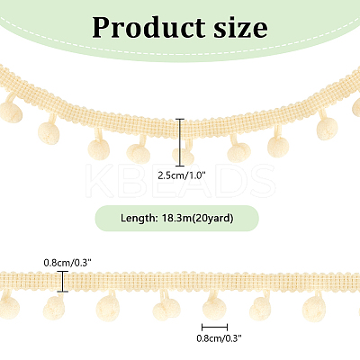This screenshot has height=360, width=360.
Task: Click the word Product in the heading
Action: coord(148,29)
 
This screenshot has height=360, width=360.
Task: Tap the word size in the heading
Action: coord(240,28)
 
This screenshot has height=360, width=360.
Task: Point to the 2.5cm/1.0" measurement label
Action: coord(181,175)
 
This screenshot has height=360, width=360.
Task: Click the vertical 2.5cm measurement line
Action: coord(180,142)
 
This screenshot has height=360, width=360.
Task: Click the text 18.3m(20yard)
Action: coord(197,219)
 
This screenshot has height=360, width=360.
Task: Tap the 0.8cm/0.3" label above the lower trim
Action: coord(67,263)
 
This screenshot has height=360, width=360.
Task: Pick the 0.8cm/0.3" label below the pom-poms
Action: coord(219,338)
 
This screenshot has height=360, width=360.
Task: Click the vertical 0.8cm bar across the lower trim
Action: coord(63,281)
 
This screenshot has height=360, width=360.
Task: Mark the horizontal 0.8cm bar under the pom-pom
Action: coord(214,327)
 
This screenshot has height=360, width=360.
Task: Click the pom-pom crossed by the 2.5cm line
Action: coord(183,157)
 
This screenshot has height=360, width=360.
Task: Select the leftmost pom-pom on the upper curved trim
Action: coord(11,112)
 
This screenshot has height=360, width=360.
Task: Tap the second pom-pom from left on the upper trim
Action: coord(49,133)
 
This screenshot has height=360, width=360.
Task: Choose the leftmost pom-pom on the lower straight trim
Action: coord(9,309)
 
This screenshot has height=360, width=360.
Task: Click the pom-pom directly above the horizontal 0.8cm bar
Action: coord(214,310)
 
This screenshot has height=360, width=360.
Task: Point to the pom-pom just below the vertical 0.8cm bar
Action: coord(54,309)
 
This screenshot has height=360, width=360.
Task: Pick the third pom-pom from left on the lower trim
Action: coord(108,308)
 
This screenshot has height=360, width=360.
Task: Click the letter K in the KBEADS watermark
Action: coord(101,181)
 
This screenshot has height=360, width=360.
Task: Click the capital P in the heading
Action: coord(103,28)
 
